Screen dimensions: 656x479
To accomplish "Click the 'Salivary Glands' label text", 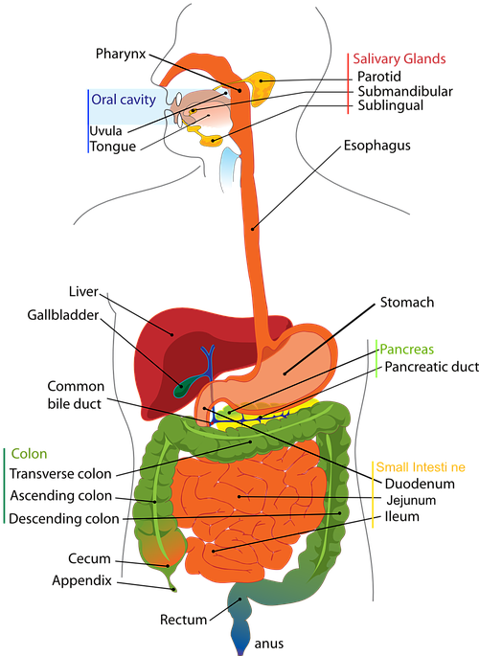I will click(x=399, y=59).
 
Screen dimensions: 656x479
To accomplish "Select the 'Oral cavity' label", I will click(x=123, y=99).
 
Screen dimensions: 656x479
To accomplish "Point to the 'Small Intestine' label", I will click(x=420, y=468).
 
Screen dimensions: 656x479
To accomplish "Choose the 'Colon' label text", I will click(x=29, y=454).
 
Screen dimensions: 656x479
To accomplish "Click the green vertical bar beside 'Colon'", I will click(x=5, y=484).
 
